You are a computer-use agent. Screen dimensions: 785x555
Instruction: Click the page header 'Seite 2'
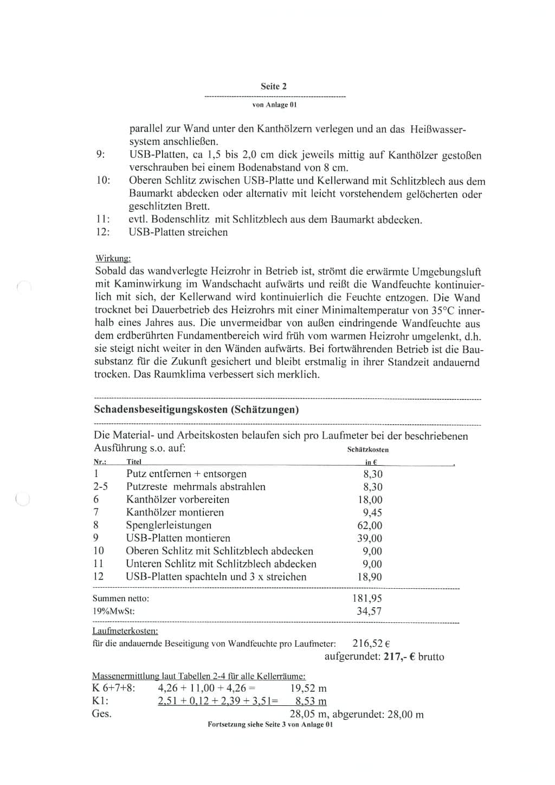(x=274, y=86)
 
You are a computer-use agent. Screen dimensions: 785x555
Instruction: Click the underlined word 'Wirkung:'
(x=113, y=259)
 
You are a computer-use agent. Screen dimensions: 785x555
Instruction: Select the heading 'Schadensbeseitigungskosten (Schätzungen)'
(x=196, y=410)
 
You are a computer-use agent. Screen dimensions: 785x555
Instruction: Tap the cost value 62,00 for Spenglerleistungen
(x=370, y=525)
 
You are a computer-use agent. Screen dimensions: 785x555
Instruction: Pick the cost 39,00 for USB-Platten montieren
(x=370, y=538)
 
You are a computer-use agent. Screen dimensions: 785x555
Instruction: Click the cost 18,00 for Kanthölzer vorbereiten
(x=370, y=500)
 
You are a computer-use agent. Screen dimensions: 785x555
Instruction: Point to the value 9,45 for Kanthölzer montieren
(x=372, y=512)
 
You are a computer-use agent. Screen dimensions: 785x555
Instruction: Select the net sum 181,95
(x=367, y=599)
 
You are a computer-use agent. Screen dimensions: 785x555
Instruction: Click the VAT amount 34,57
(x=369, y=611)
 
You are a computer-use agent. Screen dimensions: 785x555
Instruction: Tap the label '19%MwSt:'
(x=114, y=612)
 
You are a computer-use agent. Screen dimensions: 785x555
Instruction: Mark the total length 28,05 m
(x=308, y=714)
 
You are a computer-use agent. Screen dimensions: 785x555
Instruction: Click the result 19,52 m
(x=308, y=689)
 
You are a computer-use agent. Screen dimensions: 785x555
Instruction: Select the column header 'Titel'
(x=134, y=462)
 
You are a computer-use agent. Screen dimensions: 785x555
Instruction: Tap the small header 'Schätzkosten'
(x=368, y=449)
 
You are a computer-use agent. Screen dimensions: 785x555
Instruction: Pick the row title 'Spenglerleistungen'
(x=169, y=525)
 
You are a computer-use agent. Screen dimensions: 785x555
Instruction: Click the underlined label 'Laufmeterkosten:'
(x=125, y=631)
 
